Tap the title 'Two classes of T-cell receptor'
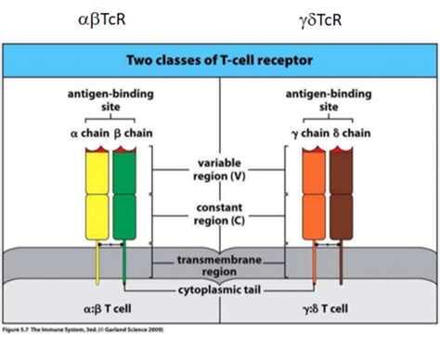[x=219, y=60]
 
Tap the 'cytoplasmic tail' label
[x=219, y=291]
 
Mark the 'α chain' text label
[x=88, y=134]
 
